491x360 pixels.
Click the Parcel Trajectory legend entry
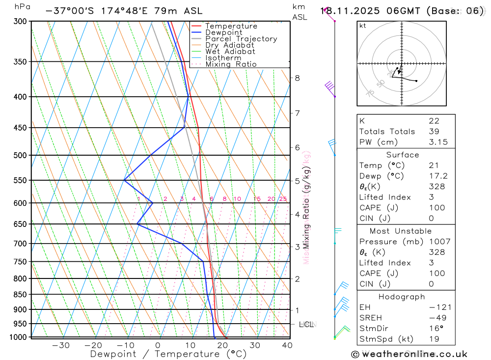(241, 39)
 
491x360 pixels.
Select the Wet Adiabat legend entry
(230, 52)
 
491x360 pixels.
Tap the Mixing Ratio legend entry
(231, 64)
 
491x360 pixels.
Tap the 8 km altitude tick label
(297, 78)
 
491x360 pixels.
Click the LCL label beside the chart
(306, 324)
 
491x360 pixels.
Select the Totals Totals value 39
(434, 132)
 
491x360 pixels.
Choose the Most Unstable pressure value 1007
(436, 242)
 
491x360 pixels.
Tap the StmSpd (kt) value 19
(434, 339)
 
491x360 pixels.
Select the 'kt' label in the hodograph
(363, 26)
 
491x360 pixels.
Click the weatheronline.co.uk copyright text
(409, 354)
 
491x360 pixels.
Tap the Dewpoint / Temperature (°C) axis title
(168, 354)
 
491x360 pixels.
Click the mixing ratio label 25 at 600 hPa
(283, 199)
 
